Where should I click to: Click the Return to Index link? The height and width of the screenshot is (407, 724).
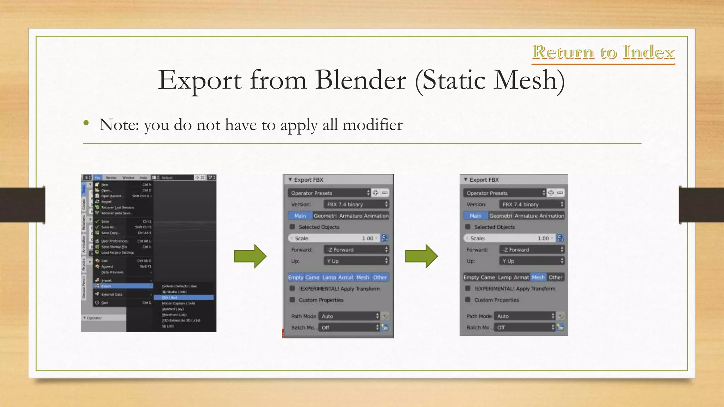coord(603,52)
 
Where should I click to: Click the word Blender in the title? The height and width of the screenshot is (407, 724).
coord(360,80)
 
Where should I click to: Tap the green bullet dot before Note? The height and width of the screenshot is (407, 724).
coord(86,123)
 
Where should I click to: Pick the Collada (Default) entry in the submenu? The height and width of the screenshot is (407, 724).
coord(180,286)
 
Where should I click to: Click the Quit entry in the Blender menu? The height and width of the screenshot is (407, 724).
coord(105,303)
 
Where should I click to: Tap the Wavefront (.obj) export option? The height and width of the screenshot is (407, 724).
coord(174,314)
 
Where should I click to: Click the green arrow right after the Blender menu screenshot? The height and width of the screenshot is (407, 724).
coord(250,256)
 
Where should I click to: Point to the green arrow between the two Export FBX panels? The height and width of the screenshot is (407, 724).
coord(421,256)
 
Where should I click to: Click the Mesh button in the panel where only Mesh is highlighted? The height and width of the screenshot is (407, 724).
coord(538,277)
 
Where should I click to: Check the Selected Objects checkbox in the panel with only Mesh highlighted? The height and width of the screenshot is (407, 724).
coord(468,227)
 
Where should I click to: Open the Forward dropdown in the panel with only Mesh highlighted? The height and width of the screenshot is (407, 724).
coord(532,250)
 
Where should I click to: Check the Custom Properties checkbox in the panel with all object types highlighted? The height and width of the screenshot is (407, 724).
coord(292,300)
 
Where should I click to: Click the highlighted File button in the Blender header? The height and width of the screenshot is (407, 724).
coord(98,178)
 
